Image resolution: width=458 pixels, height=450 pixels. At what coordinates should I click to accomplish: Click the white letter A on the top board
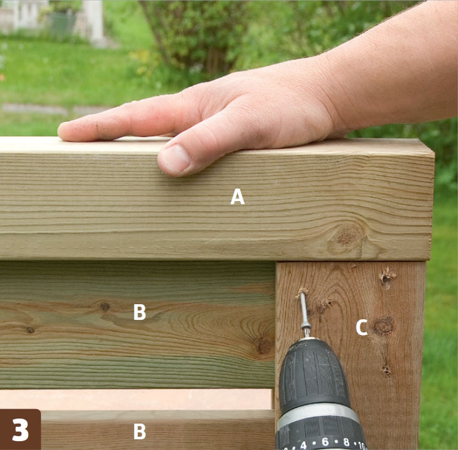pyautogui.click(x=237, y=197)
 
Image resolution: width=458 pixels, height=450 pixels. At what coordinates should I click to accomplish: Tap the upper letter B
pyautogui.click(x=139, y=312)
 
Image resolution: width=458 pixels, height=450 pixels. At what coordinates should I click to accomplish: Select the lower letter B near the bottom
pyautogui.click(x=139, y=431)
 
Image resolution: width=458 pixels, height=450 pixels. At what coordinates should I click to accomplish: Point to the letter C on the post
pyautogui.click(x=362, y=327)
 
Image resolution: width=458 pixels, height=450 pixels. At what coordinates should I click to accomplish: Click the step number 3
pyautogui.click(x=20, y=430)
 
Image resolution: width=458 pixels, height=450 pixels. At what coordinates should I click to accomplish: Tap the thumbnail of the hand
pyautogui.click(x=176, y=159)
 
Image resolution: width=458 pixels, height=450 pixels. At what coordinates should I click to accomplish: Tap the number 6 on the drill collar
pyautogui.click(x=325, y=442)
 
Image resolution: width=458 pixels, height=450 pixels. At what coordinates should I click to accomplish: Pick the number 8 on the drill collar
pyautogui.click(x=346, y=442)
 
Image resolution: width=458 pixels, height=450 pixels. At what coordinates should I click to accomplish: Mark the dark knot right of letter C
pyautogui.click(x=384, y=326)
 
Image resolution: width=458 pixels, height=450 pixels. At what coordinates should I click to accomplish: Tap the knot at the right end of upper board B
pyautogui.click(x=263, y=345)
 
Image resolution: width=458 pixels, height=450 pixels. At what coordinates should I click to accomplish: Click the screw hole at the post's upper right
pyautogui.click(x=387, y=277)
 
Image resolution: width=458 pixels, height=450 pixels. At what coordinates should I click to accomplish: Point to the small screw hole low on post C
pyautogui.click(x=387, y=370)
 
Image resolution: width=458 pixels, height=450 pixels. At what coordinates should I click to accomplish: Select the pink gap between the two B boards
pyautogui.click(x=136, y=399)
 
